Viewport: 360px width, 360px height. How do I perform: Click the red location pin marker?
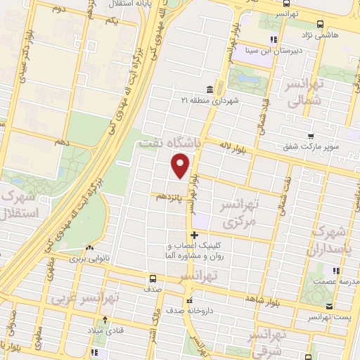tap(181, 165)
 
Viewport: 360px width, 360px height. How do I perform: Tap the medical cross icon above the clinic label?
tap(194, 235)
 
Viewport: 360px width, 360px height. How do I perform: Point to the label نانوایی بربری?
tap(89, 259)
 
